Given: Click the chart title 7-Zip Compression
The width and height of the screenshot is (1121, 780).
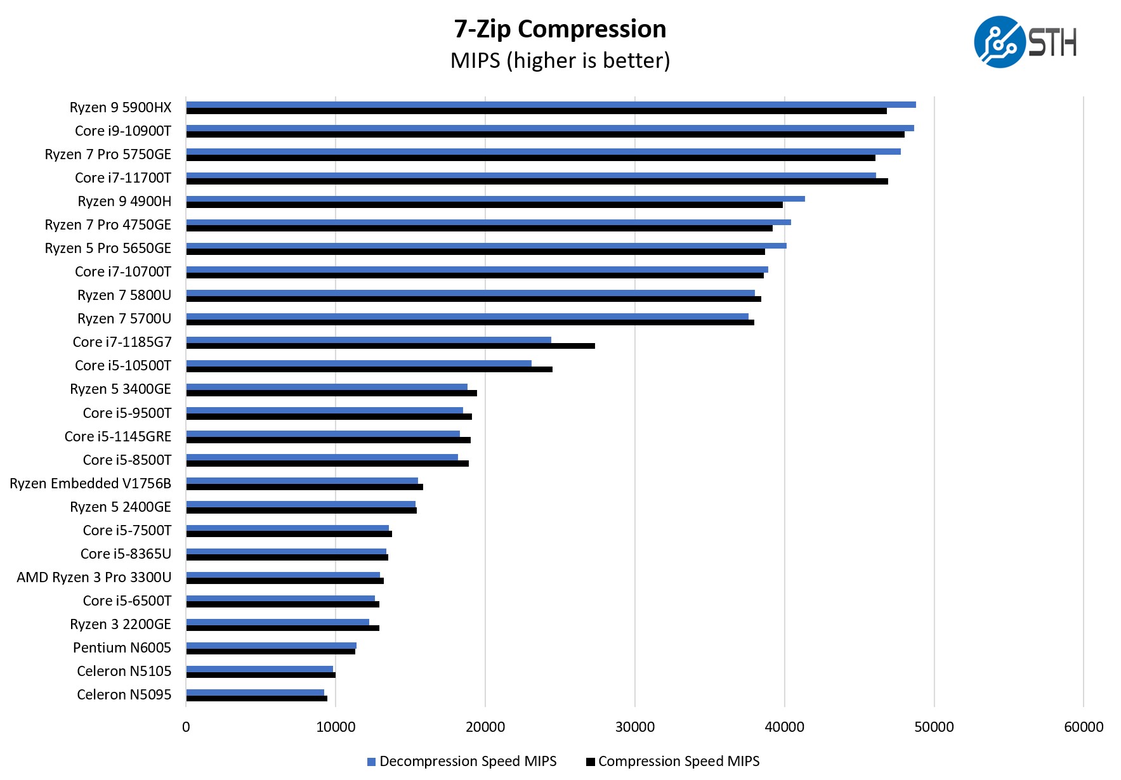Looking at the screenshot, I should [560, 29].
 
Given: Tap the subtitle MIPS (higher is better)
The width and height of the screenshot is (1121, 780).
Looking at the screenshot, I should [560, 61].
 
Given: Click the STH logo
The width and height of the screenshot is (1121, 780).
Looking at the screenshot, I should [1025, 42].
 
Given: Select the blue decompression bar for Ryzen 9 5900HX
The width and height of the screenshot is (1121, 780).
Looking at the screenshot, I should [551, 105].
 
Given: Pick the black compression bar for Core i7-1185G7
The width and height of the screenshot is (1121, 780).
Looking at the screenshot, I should [390, 346].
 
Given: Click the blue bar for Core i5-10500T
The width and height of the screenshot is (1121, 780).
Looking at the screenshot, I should [358, 363].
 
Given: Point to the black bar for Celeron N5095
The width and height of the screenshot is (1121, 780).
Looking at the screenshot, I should [256, 698].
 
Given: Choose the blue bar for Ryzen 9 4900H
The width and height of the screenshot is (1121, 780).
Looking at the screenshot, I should [495, 198].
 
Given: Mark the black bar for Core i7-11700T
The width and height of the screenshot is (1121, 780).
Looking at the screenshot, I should [537, 181].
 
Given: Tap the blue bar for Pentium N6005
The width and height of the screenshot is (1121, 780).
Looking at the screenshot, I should [271, 646].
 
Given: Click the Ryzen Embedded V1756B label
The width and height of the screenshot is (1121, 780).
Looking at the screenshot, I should [91, 483].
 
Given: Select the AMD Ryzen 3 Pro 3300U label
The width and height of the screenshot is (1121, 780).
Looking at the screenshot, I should [94, 577].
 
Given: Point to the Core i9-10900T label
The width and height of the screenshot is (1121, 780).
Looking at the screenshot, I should [123, 131].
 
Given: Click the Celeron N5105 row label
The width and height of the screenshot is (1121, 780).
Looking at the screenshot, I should [124, 671].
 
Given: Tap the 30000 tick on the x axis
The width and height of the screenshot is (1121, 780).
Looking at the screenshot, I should [634, 727].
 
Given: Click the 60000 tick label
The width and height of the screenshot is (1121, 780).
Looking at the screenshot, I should [1083, 727].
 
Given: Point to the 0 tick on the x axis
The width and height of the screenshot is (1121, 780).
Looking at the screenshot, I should [186, 727].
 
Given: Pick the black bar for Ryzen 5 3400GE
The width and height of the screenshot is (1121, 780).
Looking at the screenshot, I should [331, 393].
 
